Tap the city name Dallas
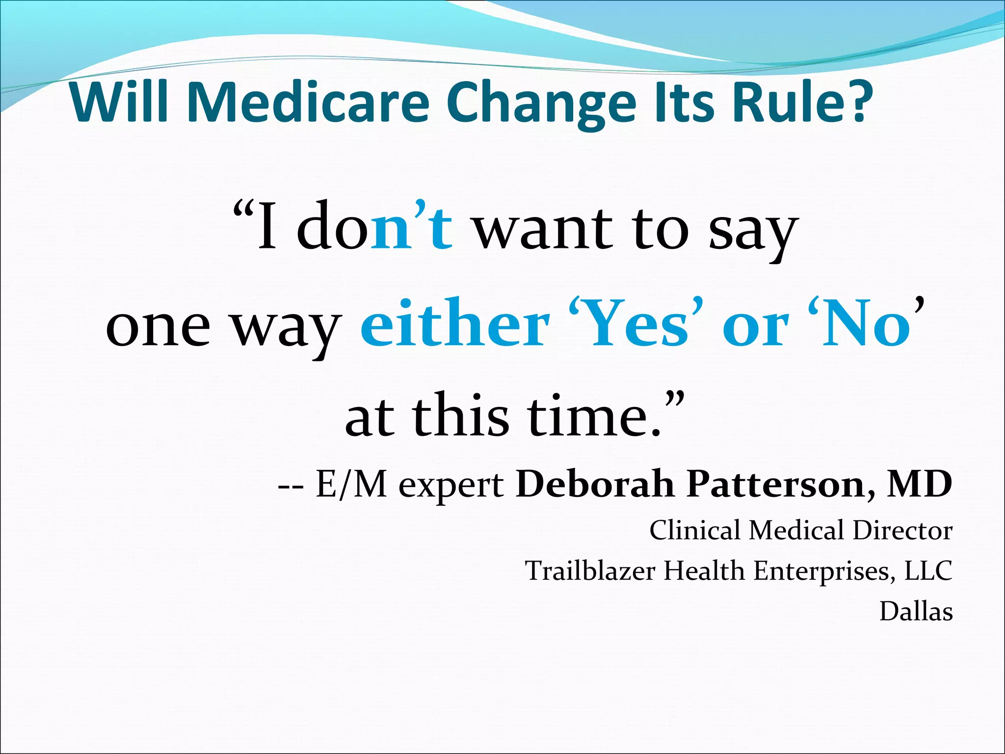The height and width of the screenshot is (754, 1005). tap(916, 611)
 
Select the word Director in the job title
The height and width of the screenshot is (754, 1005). tap(902, 530)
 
